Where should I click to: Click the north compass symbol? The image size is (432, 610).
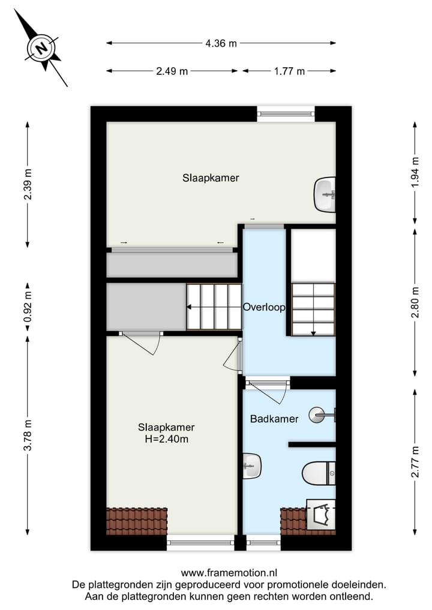pyautogui.click(x=41, y=47)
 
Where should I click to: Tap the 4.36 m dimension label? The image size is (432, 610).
pyautogui.click(x=221, y=43)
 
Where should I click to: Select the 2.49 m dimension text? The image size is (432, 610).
pyautogui.click(x=172, y=71)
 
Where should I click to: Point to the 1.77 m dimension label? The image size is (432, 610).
pyautogui.click(x=289, y=71)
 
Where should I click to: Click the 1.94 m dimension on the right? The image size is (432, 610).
pyautogui.click(x=415, y=173)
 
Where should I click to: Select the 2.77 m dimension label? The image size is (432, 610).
pyautogui.click(x=415, y=462)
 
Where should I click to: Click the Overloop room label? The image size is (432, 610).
pyautogui.click(x=263, y=306)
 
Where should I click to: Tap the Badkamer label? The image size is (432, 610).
pyautogui.click(x=274, y=419)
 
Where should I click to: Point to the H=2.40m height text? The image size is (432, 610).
pyautogui.click(x=166, y=439)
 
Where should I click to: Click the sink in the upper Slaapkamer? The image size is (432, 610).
pyautogui.click(x=325, y=194)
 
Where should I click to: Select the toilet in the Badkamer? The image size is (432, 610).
pyautogui.click(x=317, y=473)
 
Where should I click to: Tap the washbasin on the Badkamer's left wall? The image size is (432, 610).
pyautogui.click(x=251, y=465)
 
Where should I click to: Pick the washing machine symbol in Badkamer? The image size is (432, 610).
pyautogui.click(x=320, y=514)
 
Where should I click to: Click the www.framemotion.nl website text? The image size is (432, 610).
pyautogui.click(x=229, y=573)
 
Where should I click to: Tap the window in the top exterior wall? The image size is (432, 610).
pyautogui.click(x=286, y=113)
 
